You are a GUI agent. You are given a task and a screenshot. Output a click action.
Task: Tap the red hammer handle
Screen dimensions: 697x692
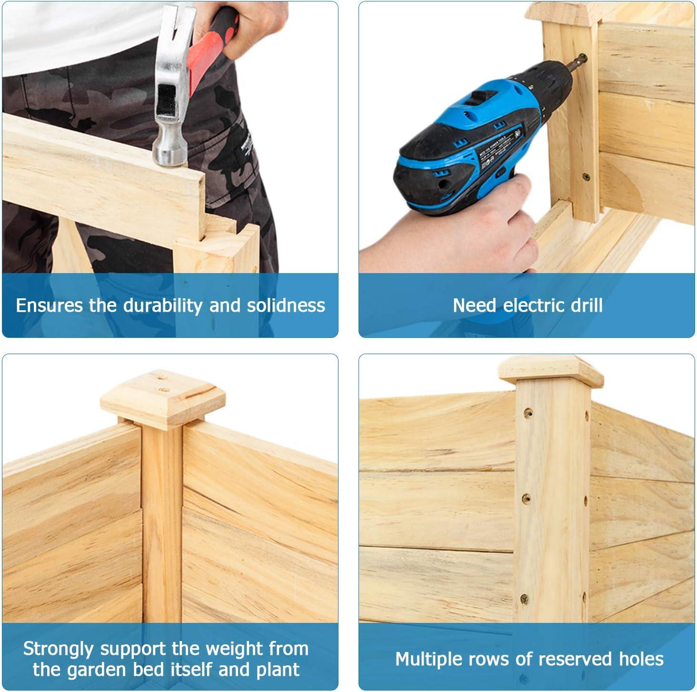211,47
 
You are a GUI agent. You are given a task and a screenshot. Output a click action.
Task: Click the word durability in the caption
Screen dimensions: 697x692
163,306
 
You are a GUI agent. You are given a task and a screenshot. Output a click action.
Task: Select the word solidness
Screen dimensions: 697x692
286,305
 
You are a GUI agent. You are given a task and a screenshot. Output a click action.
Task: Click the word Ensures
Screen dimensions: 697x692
49,305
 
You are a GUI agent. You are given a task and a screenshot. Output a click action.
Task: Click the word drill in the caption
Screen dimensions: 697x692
587,305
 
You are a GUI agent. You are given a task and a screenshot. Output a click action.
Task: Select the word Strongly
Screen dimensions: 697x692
58,649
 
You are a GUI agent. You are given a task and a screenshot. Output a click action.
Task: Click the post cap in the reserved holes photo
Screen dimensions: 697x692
550,371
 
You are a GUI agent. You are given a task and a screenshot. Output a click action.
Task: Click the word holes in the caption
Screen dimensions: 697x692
641,659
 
